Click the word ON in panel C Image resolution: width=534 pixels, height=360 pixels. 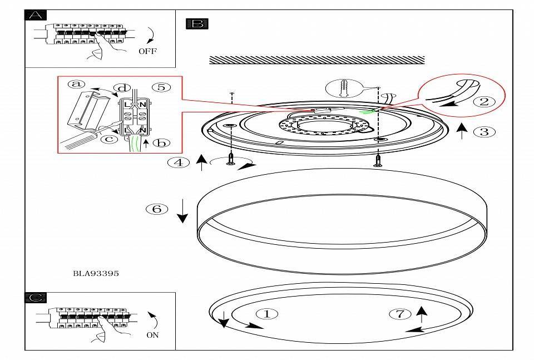tap(152, 335)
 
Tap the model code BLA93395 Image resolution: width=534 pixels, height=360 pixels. tap(96, 273)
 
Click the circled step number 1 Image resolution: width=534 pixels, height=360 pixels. tap(266, 314)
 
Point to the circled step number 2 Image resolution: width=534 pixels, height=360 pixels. tap(483, 101)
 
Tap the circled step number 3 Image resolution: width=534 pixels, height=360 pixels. tap(483, 132)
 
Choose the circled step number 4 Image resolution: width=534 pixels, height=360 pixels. tap(178, 162)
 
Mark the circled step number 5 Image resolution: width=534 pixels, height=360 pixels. tap(160, 87)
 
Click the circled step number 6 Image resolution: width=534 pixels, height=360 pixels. tap(157, 209)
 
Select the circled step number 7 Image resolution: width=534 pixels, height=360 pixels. tap(400, 314)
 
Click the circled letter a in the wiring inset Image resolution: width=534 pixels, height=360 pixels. tap(77, 85)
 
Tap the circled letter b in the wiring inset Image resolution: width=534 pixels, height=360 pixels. tap(161, 143)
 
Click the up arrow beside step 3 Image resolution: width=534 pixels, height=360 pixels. tap(461, 132)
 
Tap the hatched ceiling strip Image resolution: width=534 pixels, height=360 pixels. tap(317, 60)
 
